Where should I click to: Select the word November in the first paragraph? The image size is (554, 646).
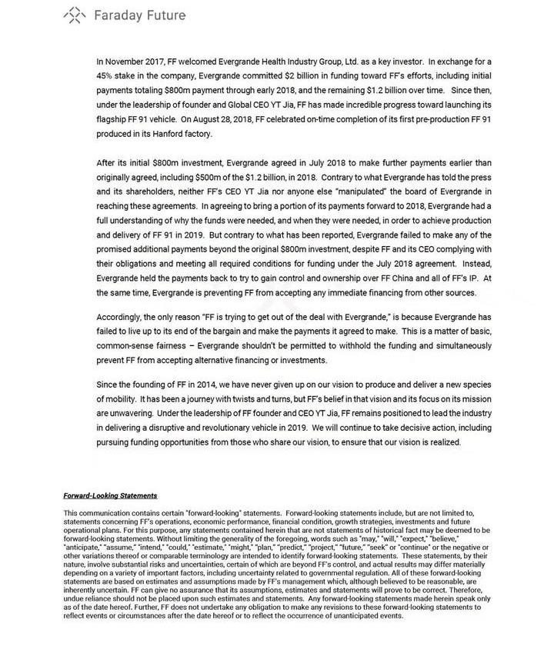pos(131,61)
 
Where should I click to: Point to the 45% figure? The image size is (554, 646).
pos(107,76)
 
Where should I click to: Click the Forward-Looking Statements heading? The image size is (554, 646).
pos(110,496)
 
